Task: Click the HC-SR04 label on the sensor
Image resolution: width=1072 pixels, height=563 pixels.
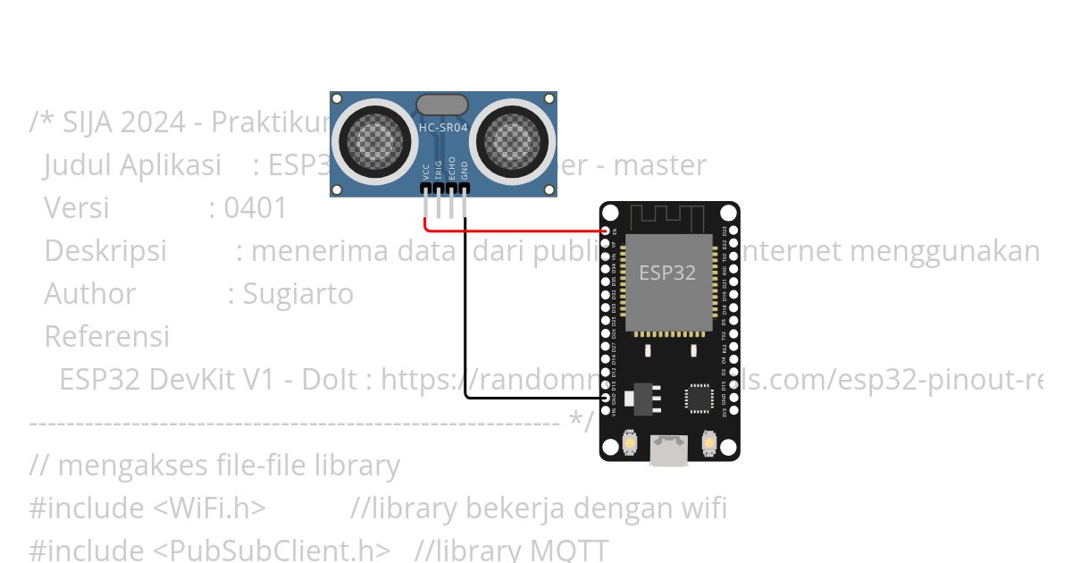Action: click(443, 128)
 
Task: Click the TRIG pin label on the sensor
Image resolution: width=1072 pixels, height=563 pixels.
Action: click(439, 170)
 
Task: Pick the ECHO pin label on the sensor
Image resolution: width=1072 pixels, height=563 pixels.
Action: click(452, 169)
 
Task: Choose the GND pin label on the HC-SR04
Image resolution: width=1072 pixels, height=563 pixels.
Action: click(465, 171)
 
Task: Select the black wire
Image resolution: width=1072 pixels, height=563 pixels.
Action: click(466, 313)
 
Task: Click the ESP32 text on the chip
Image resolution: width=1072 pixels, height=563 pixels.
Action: click(667, 273)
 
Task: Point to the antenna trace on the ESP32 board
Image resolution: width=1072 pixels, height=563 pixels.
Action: click(669, 217)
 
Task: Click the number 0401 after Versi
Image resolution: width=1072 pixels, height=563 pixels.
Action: click(255, 208)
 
